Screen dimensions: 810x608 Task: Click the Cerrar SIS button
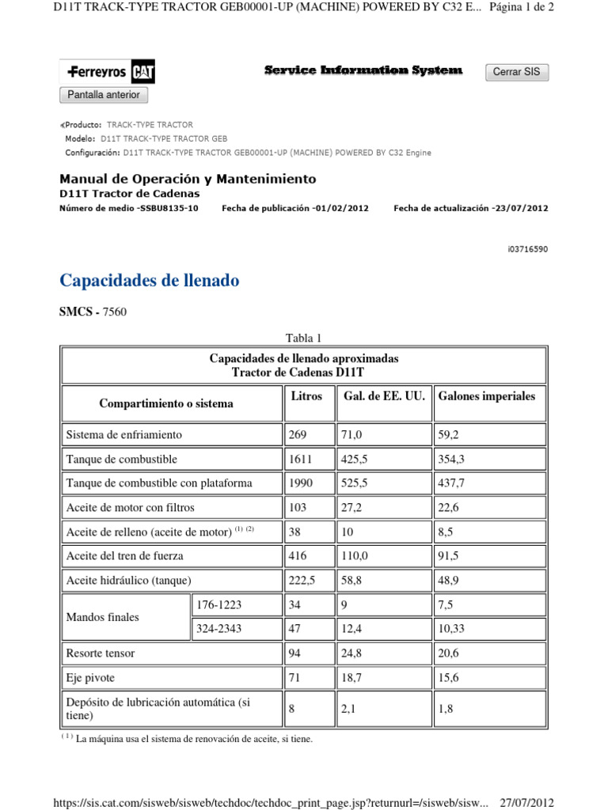click(x=516, y=72)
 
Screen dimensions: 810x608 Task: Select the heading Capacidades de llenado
click(x=150, y=281)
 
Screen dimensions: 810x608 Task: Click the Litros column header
click(x=306, y=396)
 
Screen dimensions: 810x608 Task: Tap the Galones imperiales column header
click(x=487, y=396)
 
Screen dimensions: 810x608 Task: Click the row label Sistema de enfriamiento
click(x=124, y=435)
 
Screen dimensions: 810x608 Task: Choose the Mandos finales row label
click(x=102, y=617)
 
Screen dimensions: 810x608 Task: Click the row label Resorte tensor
click(x=101, y=653)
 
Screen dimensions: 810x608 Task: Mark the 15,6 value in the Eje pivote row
click(x=450, y=678)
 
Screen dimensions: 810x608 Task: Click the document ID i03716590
click(x=526, y=249)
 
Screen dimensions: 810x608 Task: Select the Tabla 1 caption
click(x=304, y=339)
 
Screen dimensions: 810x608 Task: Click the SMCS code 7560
click(x=114, y=312)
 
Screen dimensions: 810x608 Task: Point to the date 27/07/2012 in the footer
click(x=527, y=802)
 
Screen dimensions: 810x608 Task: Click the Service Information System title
click(x=363, y=71)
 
